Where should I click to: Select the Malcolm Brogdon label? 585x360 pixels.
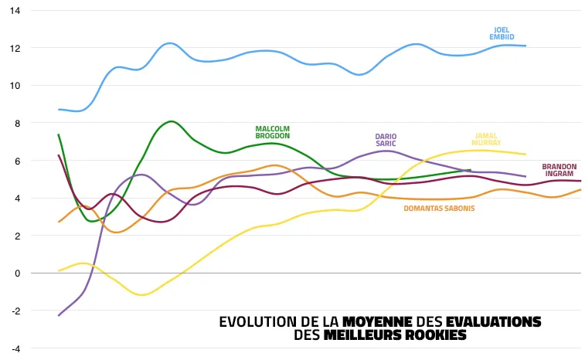[x=272, y=132]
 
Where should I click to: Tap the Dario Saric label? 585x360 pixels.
[x=386, y=140]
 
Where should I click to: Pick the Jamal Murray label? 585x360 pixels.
[x=487, y=139]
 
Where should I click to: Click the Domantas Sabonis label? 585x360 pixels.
[x=439, y=208]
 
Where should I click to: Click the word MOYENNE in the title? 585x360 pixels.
[x=377, y=321]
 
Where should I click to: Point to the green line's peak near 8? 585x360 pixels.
[x=171, y=121]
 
